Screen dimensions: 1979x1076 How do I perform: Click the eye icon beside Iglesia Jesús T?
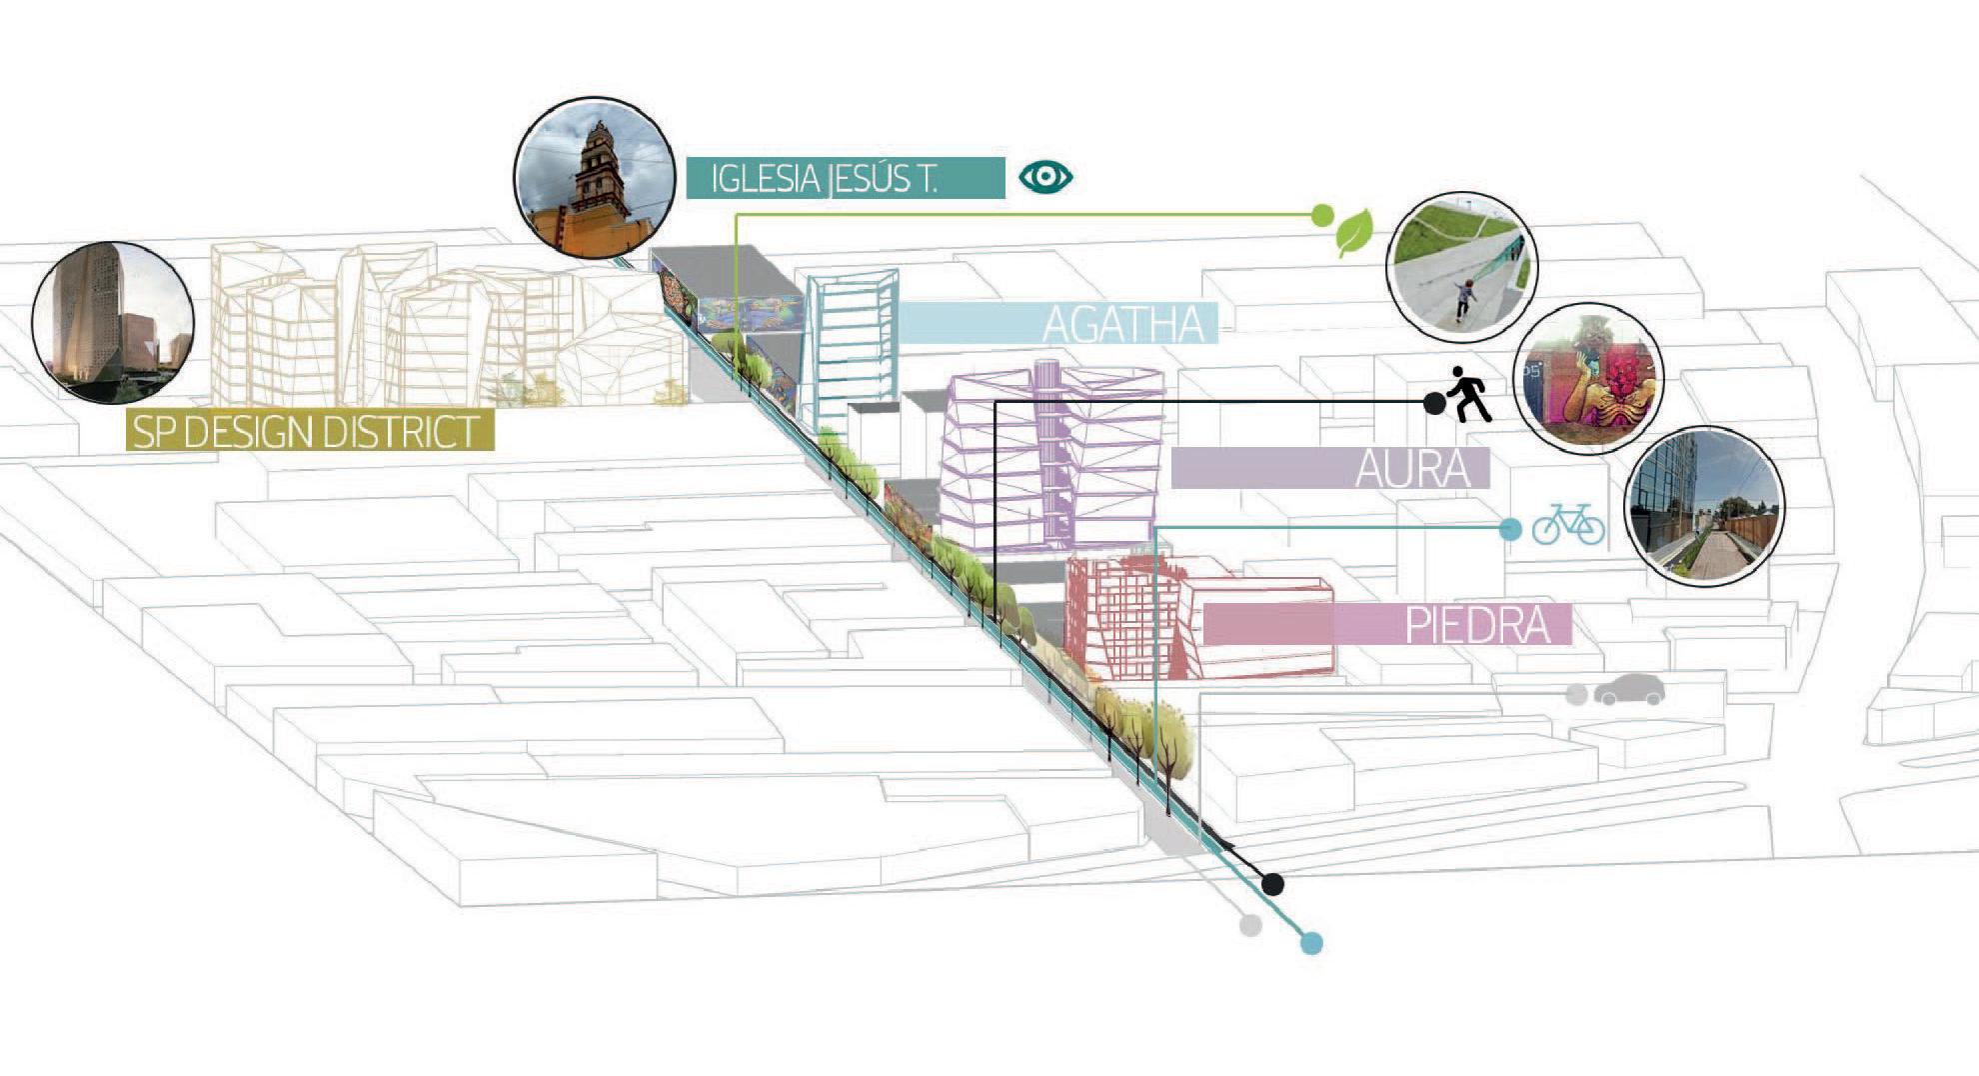[x=1045, y=177]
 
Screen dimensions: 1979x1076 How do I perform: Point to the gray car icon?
[x=1629, y=690]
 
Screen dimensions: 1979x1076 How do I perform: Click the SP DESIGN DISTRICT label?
[x=310, y=431]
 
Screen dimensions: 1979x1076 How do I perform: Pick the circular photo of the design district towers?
[x=113, y=322]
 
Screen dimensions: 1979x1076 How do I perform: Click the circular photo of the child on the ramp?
[x=1461, y=268]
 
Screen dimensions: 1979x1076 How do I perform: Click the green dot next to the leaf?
[x=1321, y=215]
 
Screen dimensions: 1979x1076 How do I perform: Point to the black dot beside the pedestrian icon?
[x=1434, y=403]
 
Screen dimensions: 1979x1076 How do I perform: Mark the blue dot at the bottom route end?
[x=1311, y=943]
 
